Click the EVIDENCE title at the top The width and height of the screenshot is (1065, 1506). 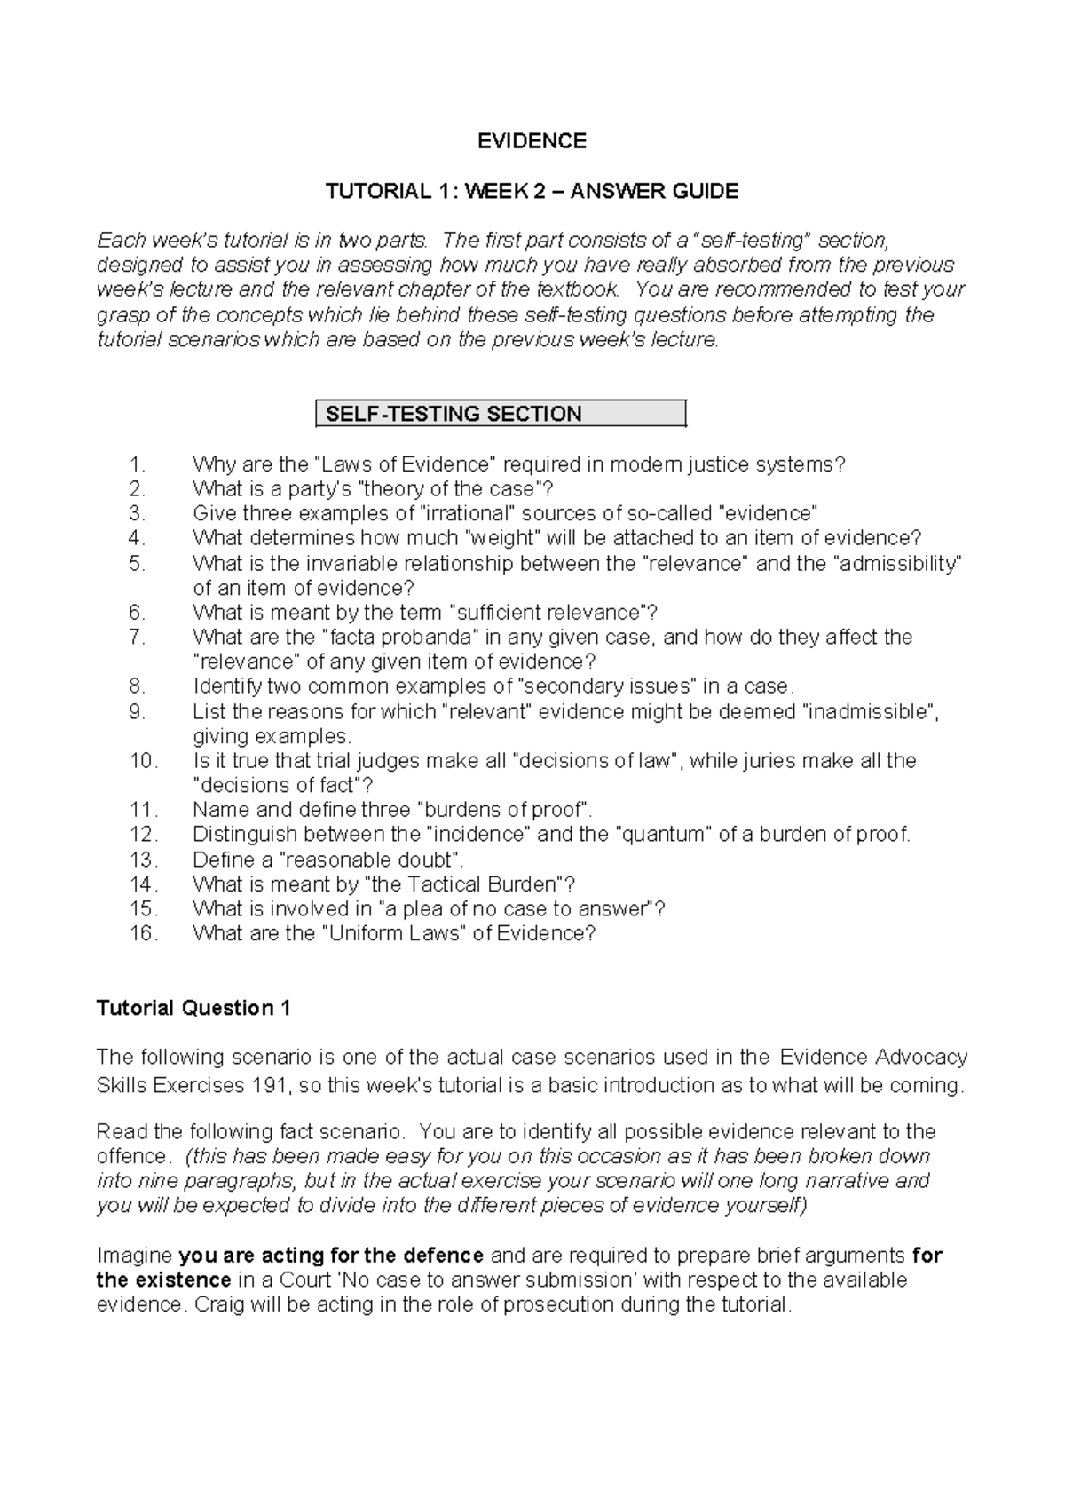pos(532,141)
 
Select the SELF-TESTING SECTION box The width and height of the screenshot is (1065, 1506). pos(501,414)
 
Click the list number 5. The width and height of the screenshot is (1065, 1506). pos(136,563)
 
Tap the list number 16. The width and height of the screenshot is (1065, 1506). pos(143,933)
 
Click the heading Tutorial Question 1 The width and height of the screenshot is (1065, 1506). pos(193,1008)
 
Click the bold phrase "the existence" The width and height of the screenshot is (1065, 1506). pos(164,1280)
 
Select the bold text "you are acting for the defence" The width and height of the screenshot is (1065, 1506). pos(330,1256)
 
